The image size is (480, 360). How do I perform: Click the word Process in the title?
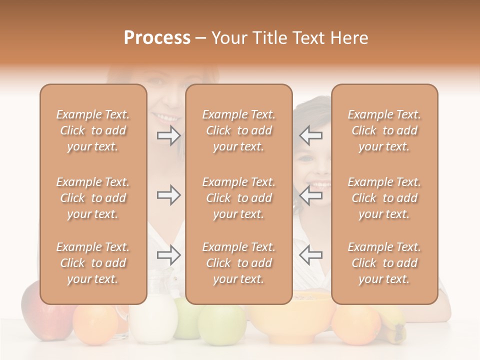[157, 38]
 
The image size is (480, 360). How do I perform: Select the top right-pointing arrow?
[168, 135]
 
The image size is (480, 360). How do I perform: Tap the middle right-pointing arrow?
[168, 195]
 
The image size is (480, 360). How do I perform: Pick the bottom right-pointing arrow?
[168, 255]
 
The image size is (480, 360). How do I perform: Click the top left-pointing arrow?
[311, 135]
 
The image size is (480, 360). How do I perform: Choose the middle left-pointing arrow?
[311, 195]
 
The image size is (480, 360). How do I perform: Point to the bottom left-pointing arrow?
[311, 255]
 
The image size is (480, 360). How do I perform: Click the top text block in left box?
[93, 130]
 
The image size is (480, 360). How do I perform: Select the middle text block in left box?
[93, 198]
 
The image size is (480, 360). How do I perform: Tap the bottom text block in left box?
[93, 263]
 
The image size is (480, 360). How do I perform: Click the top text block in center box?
[239, 130]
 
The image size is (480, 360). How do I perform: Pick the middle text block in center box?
[239, 198]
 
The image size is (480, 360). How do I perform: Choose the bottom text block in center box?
[239, 263]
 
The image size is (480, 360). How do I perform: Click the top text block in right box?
[384, 130]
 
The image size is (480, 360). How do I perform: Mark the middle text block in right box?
[384, 198]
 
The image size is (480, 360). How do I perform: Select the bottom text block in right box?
[384, 263]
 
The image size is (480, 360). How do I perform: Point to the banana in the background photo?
[395, 325]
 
